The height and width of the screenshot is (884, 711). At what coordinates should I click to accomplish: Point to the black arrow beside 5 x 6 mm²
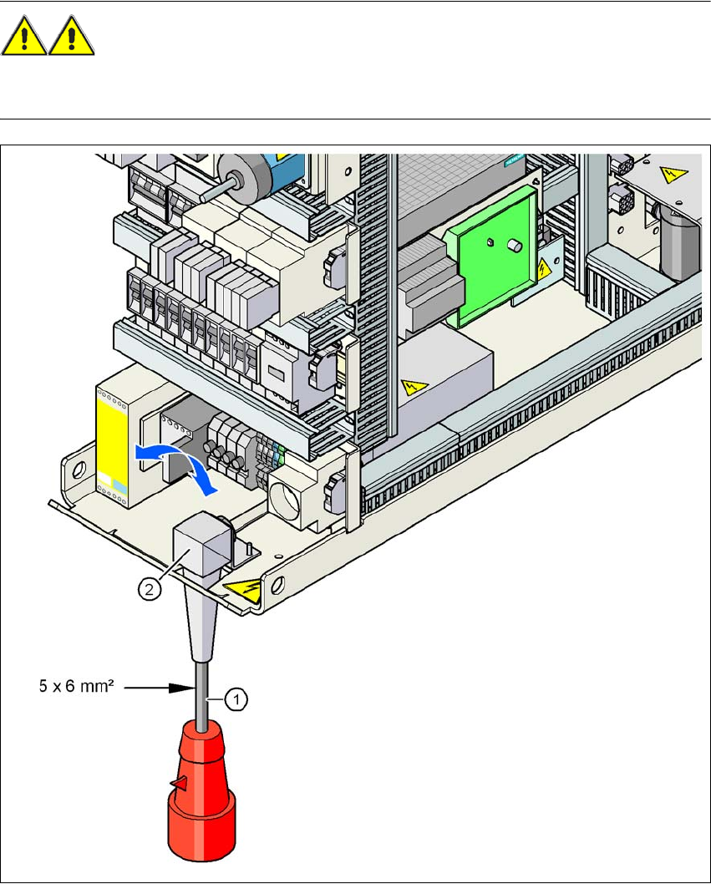176,689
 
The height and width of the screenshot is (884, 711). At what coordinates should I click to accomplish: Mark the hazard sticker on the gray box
412,387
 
